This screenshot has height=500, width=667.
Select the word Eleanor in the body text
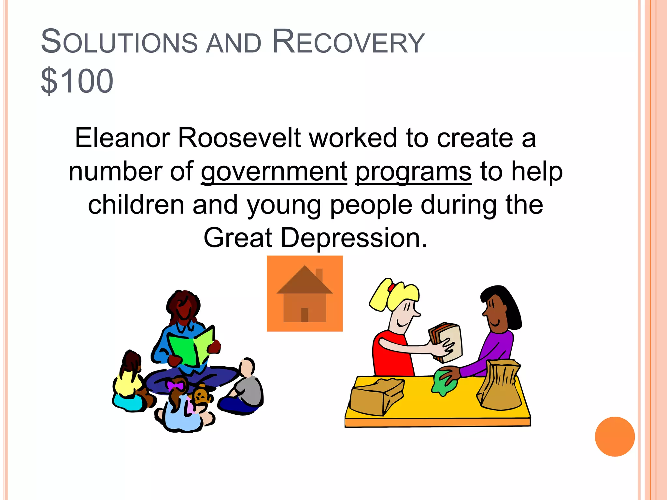[122, 138]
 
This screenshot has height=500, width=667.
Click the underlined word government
[274, 172]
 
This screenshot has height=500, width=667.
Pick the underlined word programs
[413, 172]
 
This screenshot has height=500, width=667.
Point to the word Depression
[354, 238]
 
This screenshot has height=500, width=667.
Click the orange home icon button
[305, 293]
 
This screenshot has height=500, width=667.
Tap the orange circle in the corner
[615, 437]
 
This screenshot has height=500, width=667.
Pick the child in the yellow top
[129, 381]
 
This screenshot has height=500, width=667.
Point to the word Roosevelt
[239, 138]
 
